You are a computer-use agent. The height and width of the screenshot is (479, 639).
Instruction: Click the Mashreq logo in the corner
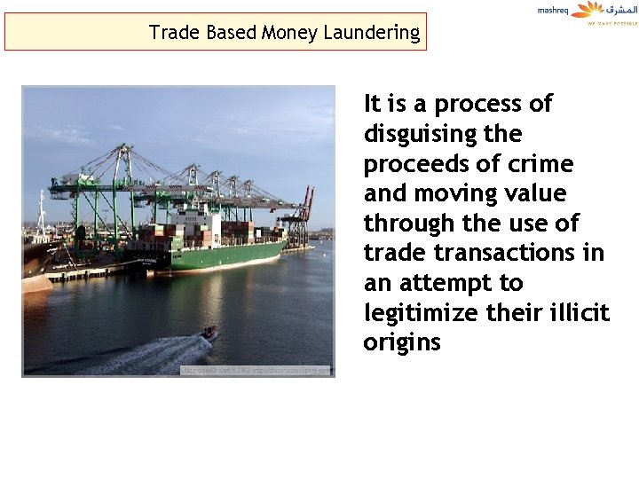[x=587, y=12]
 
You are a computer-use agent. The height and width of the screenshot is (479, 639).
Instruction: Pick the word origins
[x=401, y=343]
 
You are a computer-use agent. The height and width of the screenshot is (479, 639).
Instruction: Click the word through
[x=410, y=223]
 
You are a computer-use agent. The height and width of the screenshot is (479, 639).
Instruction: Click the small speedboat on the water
[x=210, y=333]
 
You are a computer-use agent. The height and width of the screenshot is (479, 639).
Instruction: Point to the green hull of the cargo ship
[x=231, y=256]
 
